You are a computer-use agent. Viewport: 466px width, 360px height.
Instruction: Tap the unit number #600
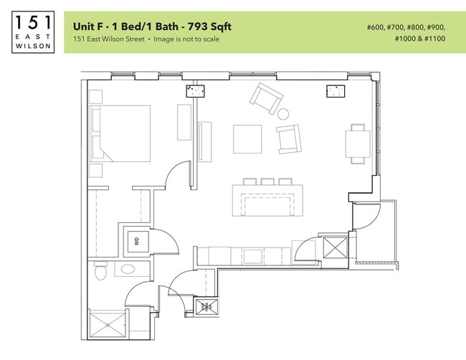[376, 27]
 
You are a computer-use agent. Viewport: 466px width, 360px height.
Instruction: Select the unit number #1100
[433, 39]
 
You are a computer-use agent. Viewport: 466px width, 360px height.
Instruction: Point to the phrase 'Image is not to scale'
[186, 39]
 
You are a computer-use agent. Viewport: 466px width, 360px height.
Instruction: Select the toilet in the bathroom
[100, 271]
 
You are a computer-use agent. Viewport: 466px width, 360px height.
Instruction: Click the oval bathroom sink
[128, 270]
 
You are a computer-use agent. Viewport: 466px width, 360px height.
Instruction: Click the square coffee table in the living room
[247, 138]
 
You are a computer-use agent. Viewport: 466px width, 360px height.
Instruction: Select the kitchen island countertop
[267, 202]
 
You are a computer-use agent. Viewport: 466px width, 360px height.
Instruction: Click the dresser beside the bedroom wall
[184, 122]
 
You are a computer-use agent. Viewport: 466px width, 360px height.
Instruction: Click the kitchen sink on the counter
[252, 255]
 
